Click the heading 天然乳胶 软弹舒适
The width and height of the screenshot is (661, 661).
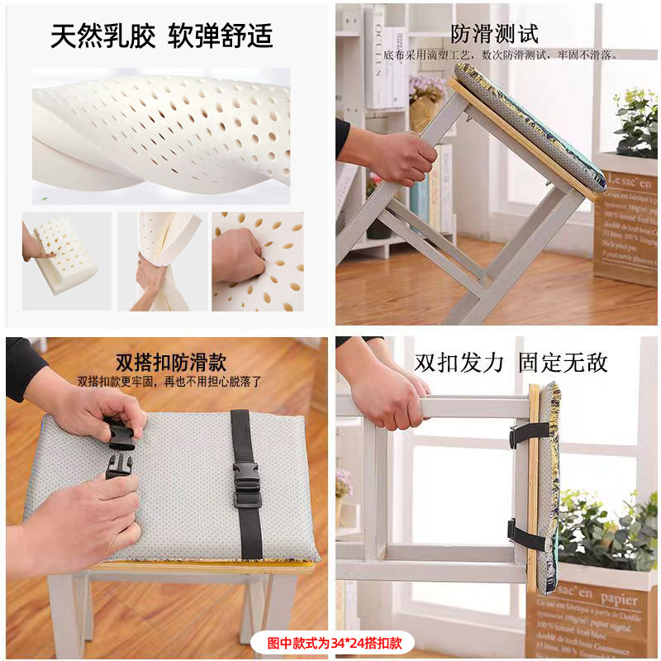[x=161, y=36]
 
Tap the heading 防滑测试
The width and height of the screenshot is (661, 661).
[x=494, y=34]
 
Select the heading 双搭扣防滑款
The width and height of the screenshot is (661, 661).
[x=171, y=363]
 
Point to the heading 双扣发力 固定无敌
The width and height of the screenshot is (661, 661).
[x=511, y=362]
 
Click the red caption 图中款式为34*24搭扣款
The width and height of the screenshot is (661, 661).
[x=329, y=642]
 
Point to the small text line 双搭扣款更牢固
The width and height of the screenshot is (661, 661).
[x=170, y=383]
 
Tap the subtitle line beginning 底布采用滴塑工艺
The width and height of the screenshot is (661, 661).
[x=501, y=55]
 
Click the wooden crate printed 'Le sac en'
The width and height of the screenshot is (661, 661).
[x=625, y=223]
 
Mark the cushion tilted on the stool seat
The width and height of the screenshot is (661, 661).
[x=529, y=128]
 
